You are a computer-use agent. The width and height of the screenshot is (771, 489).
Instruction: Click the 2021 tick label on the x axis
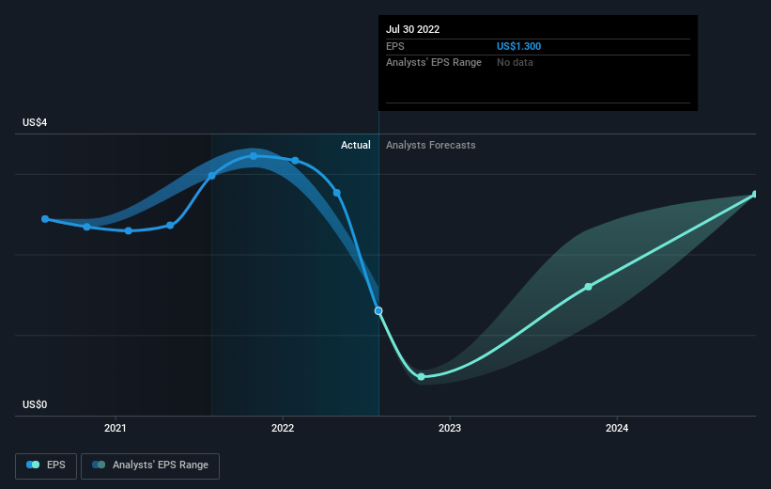(x=116, y=428)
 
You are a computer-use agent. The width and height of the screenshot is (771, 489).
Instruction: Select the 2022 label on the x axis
(x=283, y=428)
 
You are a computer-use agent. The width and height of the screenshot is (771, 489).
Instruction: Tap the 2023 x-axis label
(x=450, y=428)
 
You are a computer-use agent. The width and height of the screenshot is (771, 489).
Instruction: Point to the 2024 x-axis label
(x=617, y=428)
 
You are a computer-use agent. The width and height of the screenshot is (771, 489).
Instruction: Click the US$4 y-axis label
(x=35, y=122)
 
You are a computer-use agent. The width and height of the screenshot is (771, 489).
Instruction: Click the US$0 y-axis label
(x=35, y=404)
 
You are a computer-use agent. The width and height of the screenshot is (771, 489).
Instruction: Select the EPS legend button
(x=46, y=465)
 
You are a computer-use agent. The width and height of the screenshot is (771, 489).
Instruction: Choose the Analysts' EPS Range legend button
(x=150, y=465)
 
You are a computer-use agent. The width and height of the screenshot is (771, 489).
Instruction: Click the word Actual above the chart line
(x=356, y=145)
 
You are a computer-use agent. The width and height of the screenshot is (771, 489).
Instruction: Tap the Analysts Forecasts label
(x=431, y=145)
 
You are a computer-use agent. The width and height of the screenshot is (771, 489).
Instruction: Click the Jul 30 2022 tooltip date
(x=412, y=29)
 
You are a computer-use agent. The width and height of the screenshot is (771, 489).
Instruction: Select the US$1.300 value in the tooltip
(x=518, y=46)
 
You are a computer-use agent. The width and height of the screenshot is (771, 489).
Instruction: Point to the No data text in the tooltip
(x=515, y=62)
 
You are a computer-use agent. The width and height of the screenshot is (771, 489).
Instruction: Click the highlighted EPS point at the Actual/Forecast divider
(x=378, y=310)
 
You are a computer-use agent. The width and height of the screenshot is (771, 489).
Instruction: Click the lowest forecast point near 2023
(x=421, y=377)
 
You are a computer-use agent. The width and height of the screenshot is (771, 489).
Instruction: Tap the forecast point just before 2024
(x=588, y=287)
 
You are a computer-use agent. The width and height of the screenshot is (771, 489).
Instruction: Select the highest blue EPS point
(x=254, y=156)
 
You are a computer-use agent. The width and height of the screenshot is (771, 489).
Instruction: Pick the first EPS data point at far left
(x=45, y=219)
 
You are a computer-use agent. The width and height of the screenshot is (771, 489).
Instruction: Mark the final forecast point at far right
(x=755, y=195)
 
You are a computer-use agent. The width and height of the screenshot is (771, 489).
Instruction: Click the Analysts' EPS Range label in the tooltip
(x=434, y=62)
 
